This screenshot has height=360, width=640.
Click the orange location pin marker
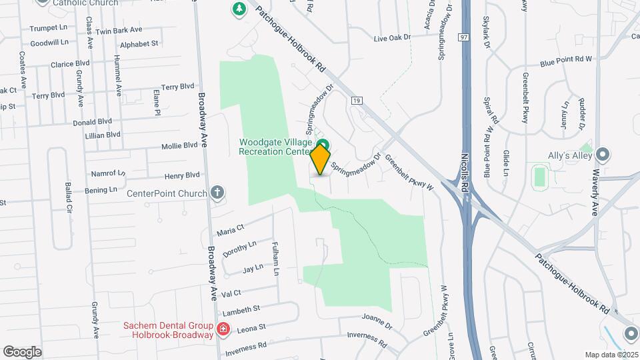[x=320, y=159]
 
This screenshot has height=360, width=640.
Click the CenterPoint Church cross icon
[x=217, y=193]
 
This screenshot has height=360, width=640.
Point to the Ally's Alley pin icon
[x=603, y=155]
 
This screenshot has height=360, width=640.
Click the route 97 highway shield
[x=463, y=37]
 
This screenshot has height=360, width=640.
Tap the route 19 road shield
[x=358, y=101]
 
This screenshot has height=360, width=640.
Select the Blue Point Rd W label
[x=566, y=60]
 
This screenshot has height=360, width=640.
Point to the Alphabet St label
[x=139, y=44]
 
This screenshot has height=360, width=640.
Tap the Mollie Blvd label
[x=179, y=146]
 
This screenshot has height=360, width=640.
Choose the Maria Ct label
[x=231, y=231]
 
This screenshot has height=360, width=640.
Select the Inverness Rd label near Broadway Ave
[x=246, y=348]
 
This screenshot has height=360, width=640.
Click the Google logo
[x=22, y=351]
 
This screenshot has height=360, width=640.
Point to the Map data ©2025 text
[x=611, y=355]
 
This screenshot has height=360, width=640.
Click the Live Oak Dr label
[x=391, y=39]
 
